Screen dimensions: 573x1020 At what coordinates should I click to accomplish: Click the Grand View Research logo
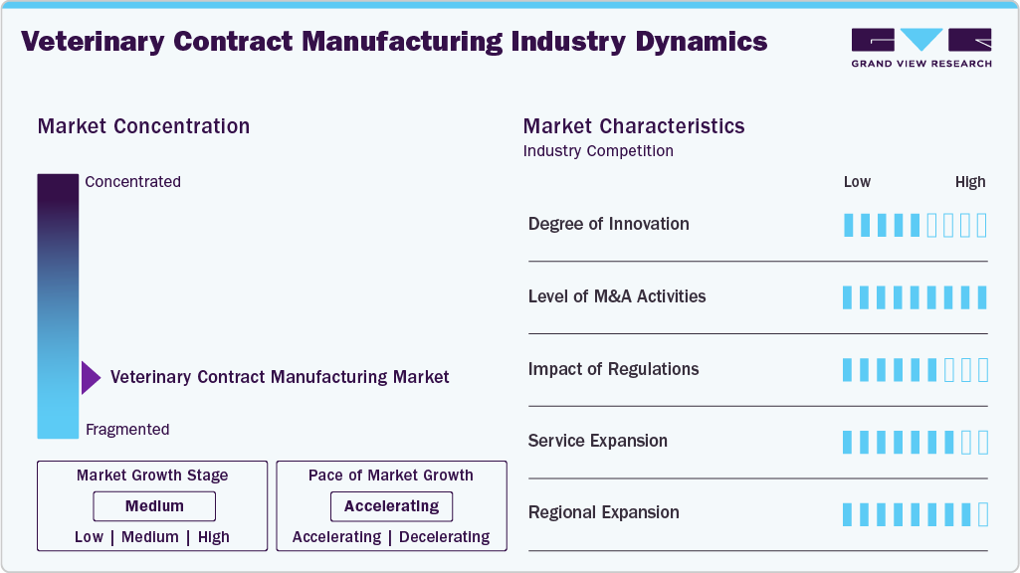point(920,48)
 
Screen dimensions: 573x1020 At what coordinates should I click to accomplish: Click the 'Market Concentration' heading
point(143,126)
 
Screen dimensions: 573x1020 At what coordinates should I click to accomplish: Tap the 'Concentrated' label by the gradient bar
point(132,182)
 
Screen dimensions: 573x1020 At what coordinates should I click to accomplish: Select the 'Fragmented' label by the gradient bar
point(127,430)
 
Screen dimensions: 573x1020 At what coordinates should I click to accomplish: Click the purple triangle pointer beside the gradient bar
point(91,378)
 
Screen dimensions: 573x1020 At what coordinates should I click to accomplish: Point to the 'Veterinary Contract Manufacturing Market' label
point(280,377)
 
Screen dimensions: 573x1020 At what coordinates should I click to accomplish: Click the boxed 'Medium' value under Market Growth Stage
point(154,506)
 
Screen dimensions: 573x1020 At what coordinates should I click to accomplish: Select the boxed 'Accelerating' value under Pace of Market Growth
point(391,506)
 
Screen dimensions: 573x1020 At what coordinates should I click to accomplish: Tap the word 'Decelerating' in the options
point(444,537)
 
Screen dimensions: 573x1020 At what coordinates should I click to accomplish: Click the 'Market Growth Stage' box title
point(152,476)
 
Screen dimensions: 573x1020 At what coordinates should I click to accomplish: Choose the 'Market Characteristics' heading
point(634,126)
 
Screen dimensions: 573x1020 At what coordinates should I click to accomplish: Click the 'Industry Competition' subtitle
point(598,151)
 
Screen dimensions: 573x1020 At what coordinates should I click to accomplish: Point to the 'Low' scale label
point(857,182)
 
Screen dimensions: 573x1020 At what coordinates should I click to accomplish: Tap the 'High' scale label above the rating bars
point(970,182)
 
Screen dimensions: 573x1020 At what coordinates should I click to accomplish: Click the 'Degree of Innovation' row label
point(608,224)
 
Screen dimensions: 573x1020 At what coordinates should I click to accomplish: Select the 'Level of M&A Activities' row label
point(617,296)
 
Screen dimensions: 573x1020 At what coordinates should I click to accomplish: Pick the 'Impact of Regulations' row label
point(613,369)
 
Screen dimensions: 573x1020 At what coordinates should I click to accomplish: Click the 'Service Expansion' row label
point(597,441)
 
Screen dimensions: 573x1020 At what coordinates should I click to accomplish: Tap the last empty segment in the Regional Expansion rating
point(983,514)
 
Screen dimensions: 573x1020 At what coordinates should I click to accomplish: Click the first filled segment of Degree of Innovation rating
point(849,225)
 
